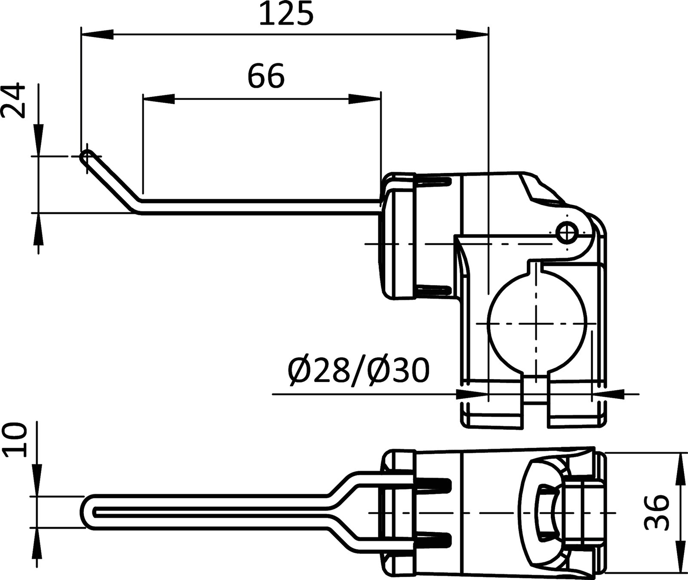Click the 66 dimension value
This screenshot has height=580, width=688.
266,77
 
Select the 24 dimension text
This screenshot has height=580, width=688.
13,101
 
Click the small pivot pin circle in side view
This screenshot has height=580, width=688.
568,232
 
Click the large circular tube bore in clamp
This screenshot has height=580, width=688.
537,324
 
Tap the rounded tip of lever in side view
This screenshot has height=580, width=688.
86,157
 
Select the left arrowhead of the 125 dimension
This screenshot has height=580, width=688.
97,35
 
